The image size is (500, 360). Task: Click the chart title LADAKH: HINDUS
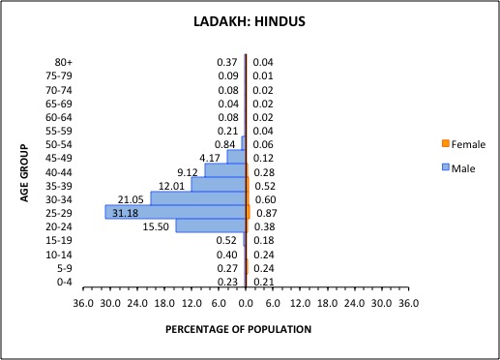tap(250, 30)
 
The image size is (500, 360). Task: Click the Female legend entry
tap(464, 145)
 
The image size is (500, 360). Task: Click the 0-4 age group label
tap(64, 282)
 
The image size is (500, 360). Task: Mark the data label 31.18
tap(126, 212)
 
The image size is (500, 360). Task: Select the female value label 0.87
tap(263, 212)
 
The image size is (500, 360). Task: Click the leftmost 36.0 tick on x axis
tap(83, 304)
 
